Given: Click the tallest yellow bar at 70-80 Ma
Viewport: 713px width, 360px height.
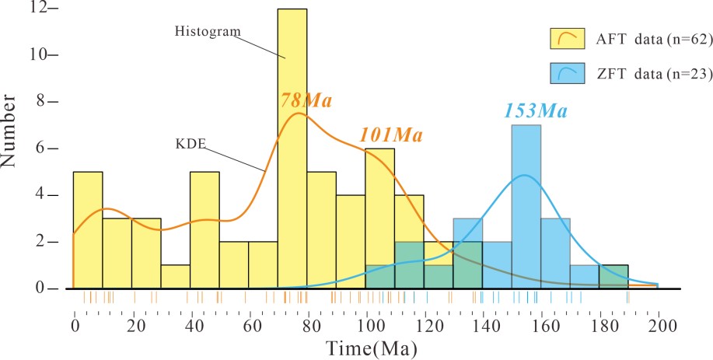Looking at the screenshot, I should point(292,148).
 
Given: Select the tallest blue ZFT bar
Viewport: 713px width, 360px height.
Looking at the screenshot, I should point(526,206).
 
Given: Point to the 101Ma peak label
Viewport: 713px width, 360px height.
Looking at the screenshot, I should point(390,135).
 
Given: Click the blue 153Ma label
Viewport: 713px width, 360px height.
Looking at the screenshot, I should point(535,110).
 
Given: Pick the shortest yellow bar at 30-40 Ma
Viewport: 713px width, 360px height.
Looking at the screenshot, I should point(176,277).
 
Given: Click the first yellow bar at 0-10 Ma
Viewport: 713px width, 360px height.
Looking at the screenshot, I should point(88,229).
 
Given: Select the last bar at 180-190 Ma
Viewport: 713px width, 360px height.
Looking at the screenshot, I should point(613,277).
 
